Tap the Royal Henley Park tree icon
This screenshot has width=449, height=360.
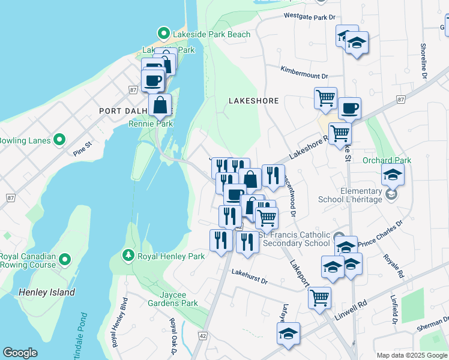pos(128,256)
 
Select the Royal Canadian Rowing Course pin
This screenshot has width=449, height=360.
pos(65,260)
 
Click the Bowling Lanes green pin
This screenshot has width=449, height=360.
pos(59,140)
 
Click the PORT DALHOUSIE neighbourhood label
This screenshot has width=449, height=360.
pos(135,111)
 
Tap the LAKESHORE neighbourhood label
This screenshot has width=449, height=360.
pos(253,101)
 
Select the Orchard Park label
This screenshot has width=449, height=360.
pos(387,160)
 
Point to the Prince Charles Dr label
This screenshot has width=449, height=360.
pos(380,238)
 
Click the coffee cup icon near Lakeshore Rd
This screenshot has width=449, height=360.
pos(349,109)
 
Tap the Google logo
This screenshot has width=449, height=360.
pos(20,353)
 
